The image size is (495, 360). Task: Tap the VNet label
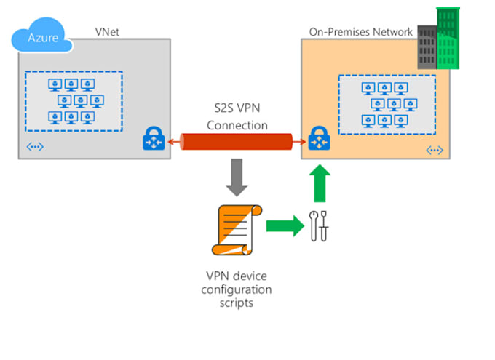[108, 32]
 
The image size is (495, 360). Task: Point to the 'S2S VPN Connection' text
[237, 116]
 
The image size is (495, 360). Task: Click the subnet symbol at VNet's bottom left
[35, 148]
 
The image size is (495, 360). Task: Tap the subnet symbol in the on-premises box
[434, 151]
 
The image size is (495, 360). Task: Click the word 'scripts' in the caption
[237, 303]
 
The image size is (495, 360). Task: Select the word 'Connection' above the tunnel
[237, 125]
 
